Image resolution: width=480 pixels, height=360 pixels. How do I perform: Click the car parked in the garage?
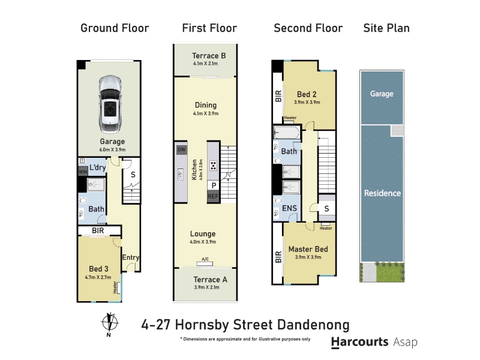point(110,104)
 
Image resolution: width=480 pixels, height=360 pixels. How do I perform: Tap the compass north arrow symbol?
point(110,324)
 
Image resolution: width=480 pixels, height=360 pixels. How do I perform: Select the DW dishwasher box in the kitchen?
point(182,149)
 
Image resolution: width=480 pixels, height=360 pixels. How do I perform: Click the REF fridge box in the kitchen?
point(213,196)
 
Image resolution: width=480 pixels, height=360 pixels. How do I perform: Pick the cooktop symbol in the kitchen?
point(213,166)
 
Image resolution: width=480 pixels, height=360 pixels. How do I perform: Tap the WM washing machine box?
point(83,172)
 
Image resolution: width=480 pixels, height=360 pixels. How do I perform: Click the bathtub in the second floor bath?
point(287,132)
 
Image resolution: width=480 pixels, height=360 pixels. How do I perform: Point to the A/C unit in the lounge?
point(205,263)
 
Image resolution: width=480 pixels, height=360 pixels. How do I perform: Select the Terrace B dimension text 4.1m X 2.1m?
point(205,64)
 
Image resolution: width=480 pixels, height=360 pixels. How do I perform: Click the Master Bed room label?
point(308,249)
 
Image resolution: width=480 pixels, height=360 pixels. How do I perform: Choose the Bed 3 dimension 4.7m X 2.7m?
point(98,277)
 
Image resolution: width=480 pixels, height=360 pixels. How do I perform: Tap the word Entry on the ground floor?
point(131,257)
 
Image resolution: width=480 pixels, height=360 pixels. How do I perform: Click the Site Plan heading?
point(386,28)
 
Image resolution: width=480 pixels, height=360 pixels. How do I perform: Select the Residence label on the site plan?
point(382,193)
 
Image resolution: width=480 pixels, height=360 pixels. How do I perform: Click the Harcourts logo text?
point(360,342)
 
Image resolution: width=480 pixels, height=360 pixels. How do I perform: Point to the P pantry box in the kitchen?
point(214,185)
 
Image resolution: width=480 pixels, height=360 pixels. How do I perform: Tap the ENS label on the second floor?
point(289,208)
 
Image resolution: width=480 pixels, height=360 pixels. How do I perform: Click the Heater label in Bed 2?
point(290,118)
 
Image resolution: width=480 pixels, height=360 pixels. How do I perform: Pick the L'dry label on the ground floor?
point(98,167)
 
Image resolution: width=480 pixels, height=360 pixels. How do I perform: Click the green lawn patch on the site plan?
point(390,272)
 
